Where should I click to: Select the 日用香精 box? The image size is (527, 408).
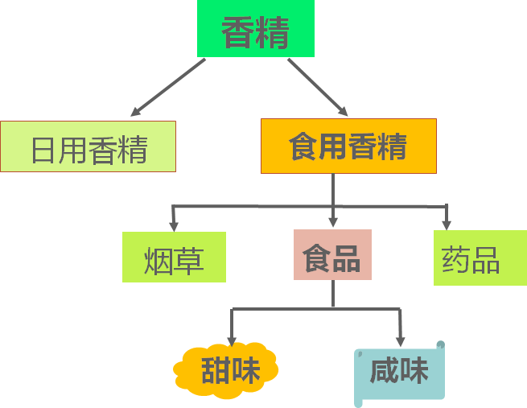pos(88,146)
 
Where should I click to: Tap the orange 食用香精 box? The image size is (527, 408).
pos(348,146)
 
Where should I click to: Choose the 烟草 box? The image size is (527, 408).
pos(174,258)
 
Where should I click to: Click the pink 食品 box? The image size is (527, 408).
pos(332,255)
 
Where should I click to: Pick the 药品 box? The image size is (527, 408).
pos(480,258)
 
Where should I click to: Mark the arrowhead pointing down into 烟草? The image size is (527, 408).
pos(173,223)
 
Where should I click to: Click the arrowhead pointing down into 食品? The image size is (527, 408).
pos(333,221)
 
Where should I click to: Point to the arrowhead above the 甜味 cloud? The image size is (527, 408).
pos(232,339)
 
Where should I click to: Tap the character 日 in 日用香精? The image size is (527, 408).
pos(43,149)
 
